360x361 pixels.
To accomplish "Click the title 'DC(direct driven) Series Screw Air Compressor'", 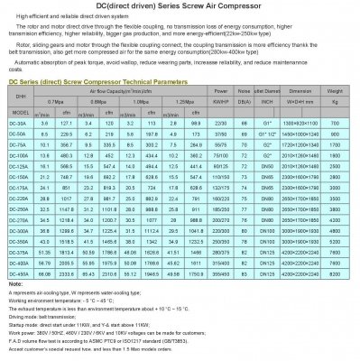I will coord(180,7).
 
